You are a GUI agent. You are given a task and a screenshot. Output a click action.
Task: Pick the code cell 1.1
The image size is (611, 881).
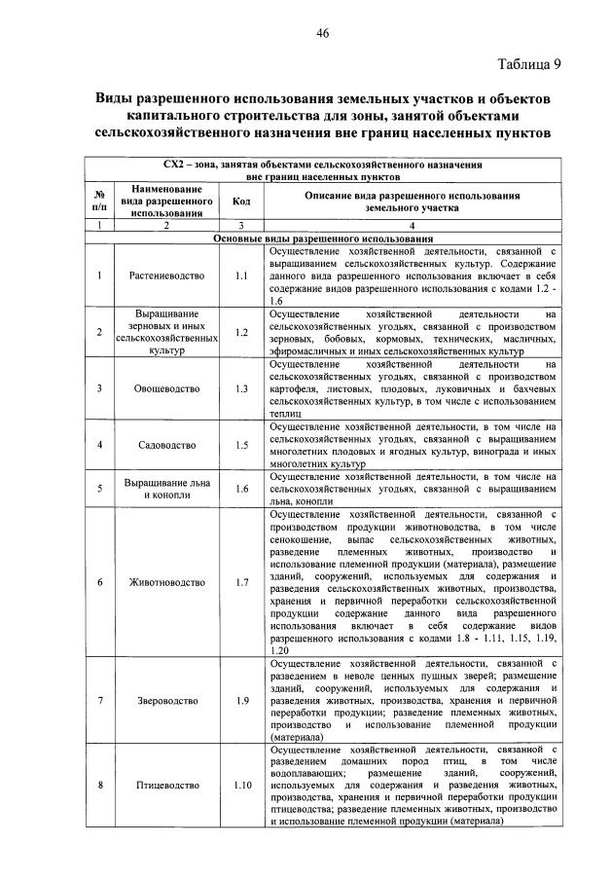pos(242,275)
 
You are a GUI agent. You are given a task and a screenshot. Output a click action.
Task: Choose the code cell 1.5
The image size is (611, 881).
pos(242,445)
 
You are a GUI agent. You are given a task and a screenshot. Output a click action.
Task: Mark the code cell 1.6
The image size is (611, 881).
pos(242,489)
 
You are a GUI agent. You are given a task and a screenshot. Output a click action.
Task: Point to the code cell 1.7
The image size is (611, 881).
pos(242,582)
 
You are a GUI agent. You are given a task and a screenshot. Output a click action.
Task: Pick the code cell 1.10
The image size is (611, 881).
pos(242,785)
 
